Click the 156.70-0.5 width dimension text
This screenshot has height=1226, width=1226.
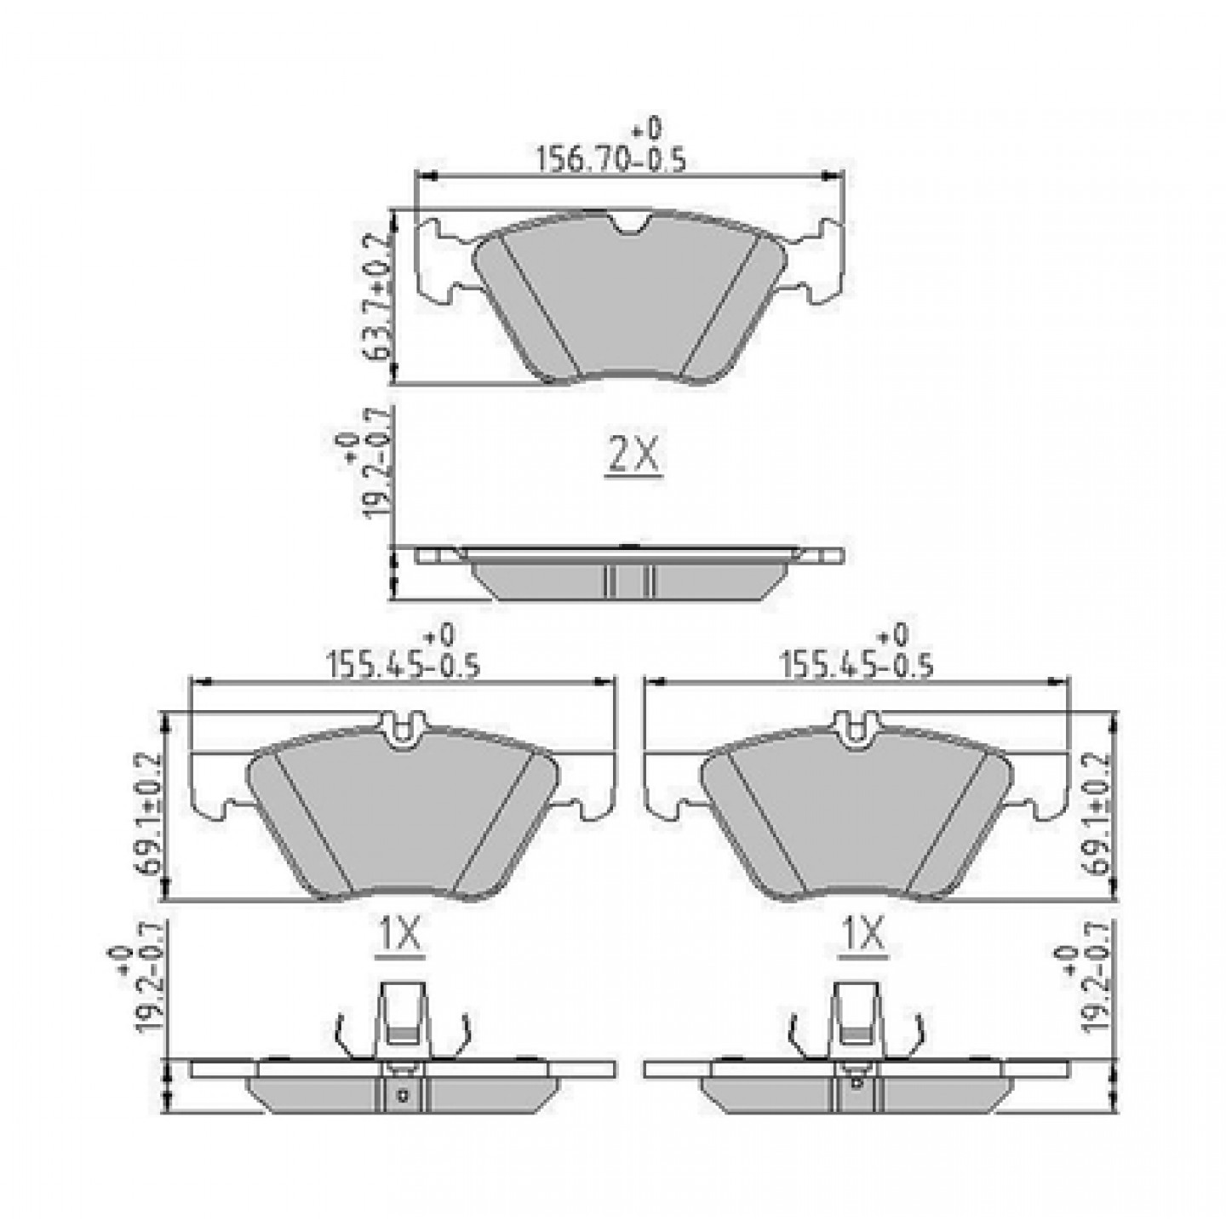(611, 160)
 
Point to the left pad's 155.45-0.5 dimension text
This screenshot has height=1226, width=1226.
(403, 666)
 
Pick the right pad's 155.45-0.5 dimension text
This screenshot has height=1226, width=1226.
(857, 666)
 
